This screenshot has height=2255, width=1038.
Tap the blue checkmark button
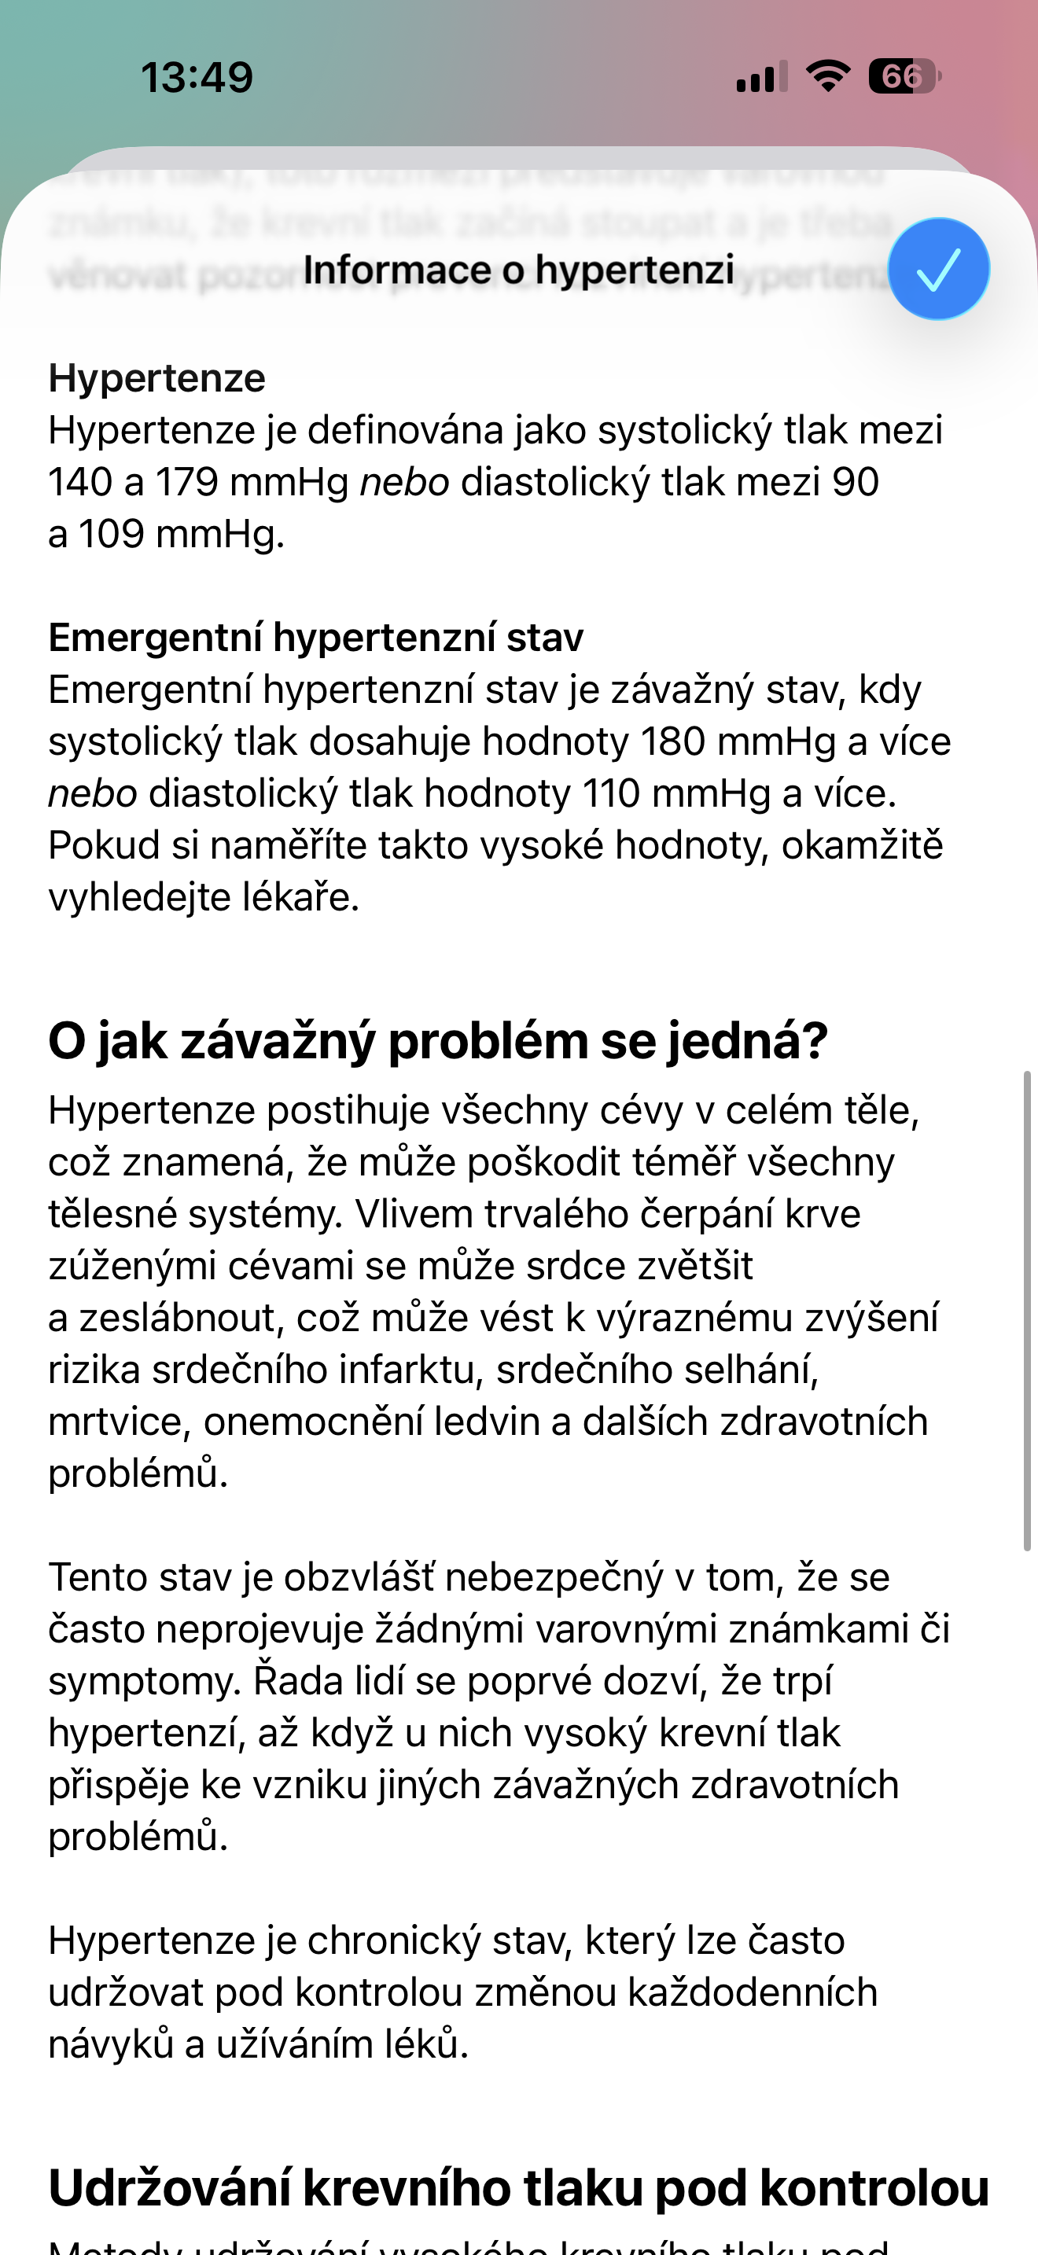pos(938,269)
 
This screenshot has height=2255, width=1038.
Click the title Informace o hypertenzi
pos(518,270)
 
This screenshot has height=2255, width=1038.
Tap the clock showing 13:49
pos(197,77)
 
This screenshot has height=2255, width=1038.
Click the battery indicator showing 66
pos(904,77)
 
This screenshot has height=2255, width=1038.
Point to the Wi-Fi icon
pos(828,76)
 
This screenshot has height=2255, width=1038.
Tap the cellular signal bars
pos(761,77)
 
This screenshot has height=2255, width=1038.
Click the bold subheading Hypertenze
pos(156,378)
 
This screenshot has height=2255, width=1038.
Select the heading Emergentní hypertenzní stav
pos(315,638)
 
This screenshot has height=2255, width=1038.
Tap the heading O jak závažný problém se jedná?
pos(437,1041)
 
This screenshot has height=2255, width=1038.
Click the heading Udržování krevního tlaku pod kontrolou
pos(518,2187)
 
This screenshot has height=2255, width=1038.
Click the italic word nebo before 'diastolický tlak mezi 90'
pos(404,482)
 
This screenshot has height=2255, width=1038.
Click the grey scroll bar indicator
pos(1027,1308)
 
